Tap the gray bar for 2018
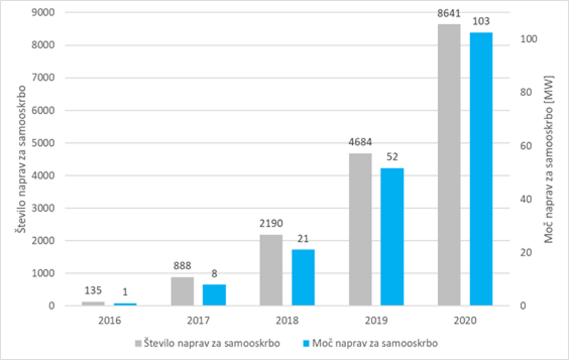pyautogui.click(x=271, y=270)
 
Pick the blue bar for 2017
pyautogui.click(x=214, y=295)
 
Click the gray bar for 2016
pyautogui.click(x=93, y=303)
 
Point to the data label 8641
pyautogui.click(x=449, y=13)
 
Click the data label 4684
pyautogui.click(x=360, y=143)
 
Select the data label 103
pyautogui.click(x=481, y=22)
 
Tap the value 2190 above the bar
pyautogui.click(x=271, y=224)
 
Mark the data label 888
pyautogui.click(x=182, y=266)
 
